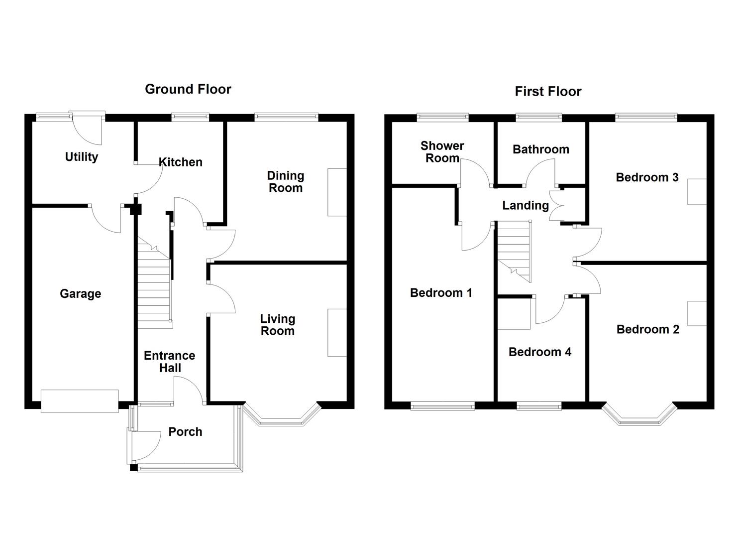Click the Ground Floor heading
point(188,89)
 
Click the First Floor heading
point(547,92)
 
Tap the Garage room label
point(80,294)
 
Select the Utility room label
point(81,157)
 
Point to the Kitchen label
point(180,162)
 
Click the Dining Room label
point(285,182)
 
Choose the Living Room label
point(278,325)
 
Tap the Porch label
point(185,432)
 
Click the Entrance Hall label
point(169,362)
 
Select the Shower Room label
point(442,152)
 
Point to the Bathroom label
point(540,149)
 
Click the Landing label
point(525,205)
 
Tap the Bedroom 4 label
point(539,352)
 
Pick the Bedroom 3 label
point(646,177)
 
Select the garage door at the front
point(80,401)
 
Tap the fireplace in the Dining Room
point(337,192)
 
